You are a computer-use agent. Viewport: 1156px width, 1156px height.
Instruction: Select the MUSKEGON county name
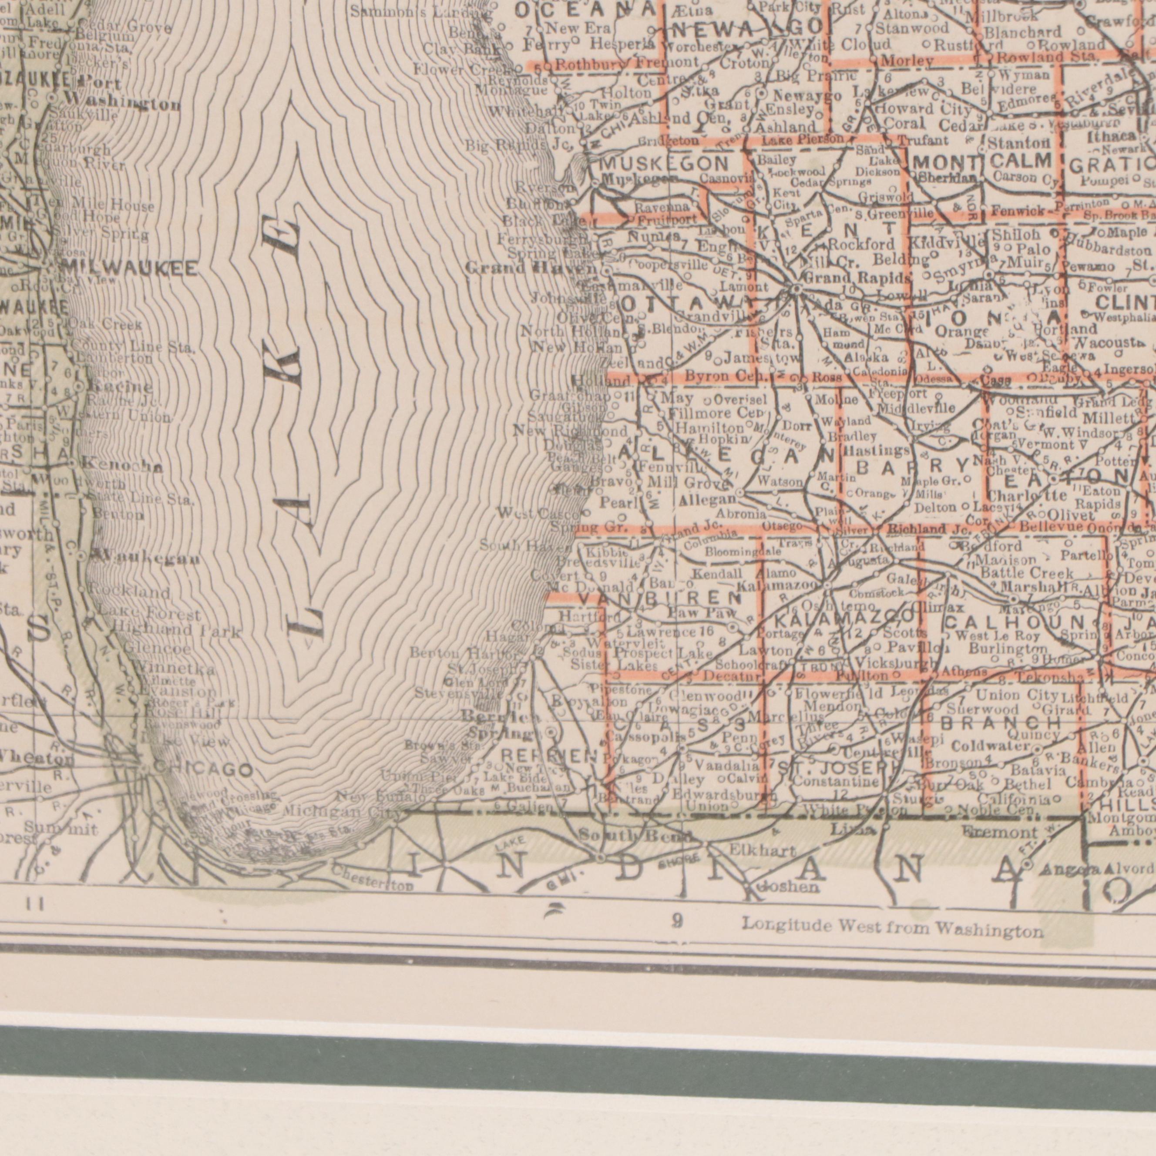pos(664,163)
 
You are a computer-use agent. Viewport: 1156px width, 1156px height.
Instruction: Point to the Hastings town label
pos(876,450)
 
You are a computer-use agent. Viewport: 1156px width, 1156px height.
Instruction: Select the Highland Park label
pos(177,631)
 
